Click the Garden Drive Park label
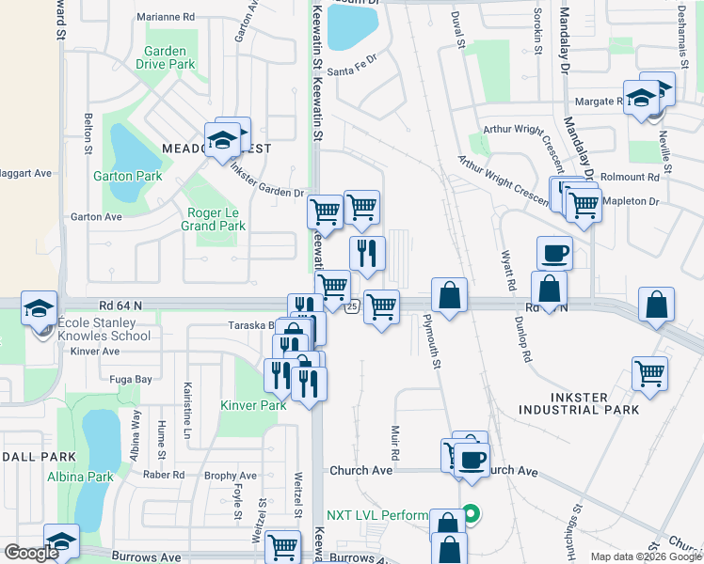(169, 58)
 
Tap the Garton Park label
(127, 176)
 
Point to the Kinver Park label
(253, 405)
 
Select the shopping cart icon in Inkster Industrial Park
(649, 373)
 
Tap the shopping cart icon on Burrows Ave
(282, 546)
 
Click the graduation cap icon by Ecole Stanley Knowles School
(39, 308)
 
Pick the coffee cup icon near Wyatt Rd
(554, 252)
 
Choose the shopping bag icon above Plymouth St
(451, 294)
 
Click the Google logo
(32, 552)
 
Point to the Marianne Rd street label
(165, 17)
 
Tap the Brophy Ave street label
(231, 476)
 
